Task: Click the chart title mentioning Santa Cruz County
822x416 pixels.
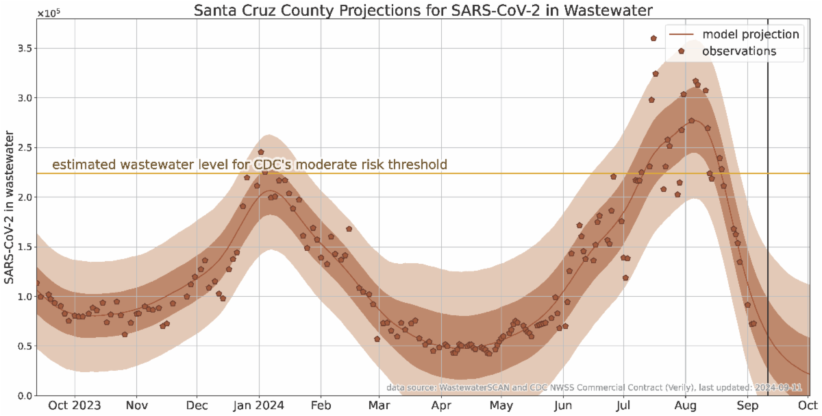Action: (423, 11)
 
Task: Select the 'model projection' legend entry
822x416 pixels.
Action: (751, 34)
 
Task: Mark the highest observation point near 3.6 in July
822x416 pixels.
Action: (653, 38)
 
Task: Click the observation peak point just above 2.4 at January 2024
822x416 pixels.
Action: (261, 152)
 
